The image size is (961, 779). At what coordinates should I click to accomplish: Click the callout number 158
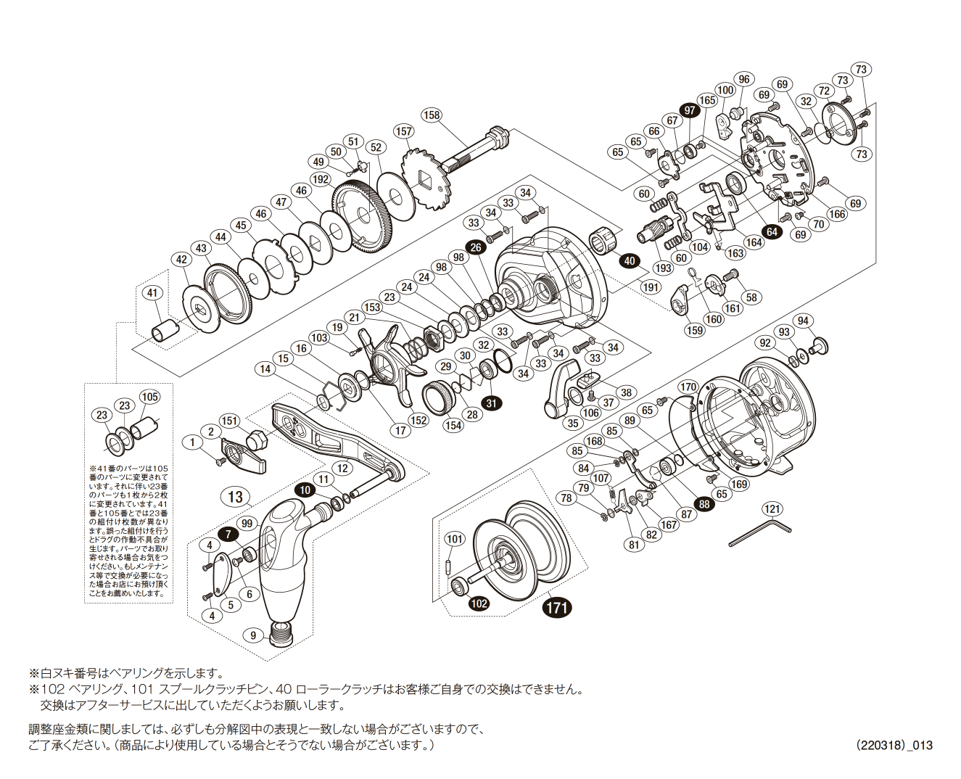[432, 115]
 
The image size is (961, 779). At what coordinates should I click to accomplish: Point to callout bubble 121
[772, 509]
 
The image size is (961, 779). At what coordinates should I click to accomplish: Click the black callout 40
[629, 261]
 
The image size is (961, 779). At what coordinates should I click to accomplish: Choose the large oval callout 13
[235, 497]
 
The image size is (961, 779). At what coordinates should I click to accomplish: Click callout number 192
[321, 179]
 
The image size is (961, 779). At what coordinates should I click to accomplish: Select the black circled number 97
[689, 111]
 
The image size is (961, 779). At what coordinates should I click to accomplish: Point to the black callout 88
[704, 504]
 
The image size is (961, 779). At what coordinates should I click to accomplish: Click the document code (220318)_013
[894, 745]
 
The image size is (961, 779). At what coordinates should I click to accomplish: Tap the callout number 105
[150, 397]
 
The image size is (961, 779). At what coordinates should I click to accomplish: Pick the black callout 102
[479, 603]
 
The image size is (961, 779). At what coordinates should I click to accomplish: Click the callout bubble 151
[229, 421]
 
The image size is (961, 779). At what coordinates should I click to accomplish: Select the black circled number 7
[228, 534]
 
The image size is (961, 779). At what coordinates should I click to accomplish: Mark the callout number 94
[803, 321]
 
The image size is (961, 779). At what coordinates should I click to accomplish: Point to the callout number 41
[152, 293]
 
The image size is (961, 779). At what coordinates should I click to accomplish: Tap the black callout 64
[772, 232]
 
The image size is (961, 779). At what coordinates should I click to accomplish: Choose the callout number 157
[403, 131]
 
